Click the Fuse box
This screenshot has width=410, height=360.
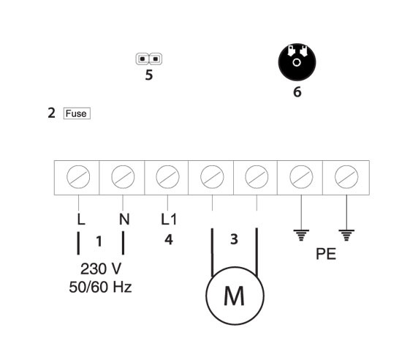77,113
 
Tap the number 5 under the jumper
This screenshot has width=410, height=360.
149,75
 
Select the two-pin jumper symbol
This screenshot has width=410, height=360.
149,59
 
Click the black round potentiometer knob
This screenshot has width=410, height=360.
297,62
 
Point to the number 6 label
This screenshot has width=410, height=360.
297,92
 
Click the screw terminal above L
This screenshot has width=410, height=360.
78,177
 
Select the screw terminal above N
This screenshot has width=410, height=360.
123,177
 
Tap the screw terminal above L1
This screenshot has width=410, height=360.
167,177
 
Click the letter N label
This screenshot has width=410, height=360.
124,219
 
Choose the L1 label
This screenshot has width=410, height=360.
169,219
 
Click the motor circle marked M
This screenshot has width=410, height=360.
235,296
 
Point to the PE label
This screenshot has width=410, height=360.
326,253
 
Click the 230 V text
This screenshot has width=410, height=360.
101,269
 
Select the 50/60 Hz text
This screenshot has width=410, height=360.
100,287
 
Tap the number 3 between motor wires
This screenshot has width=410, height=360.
235,239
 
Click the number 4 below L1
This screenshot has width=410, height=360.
169,239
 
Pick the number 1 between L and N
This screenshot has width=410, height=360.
99,241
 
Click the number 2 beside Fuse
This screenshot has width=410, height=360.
51,113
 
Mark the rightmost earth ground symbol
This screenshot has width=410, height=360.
346,235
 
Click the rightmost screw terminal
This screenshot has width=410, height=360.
346,177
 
